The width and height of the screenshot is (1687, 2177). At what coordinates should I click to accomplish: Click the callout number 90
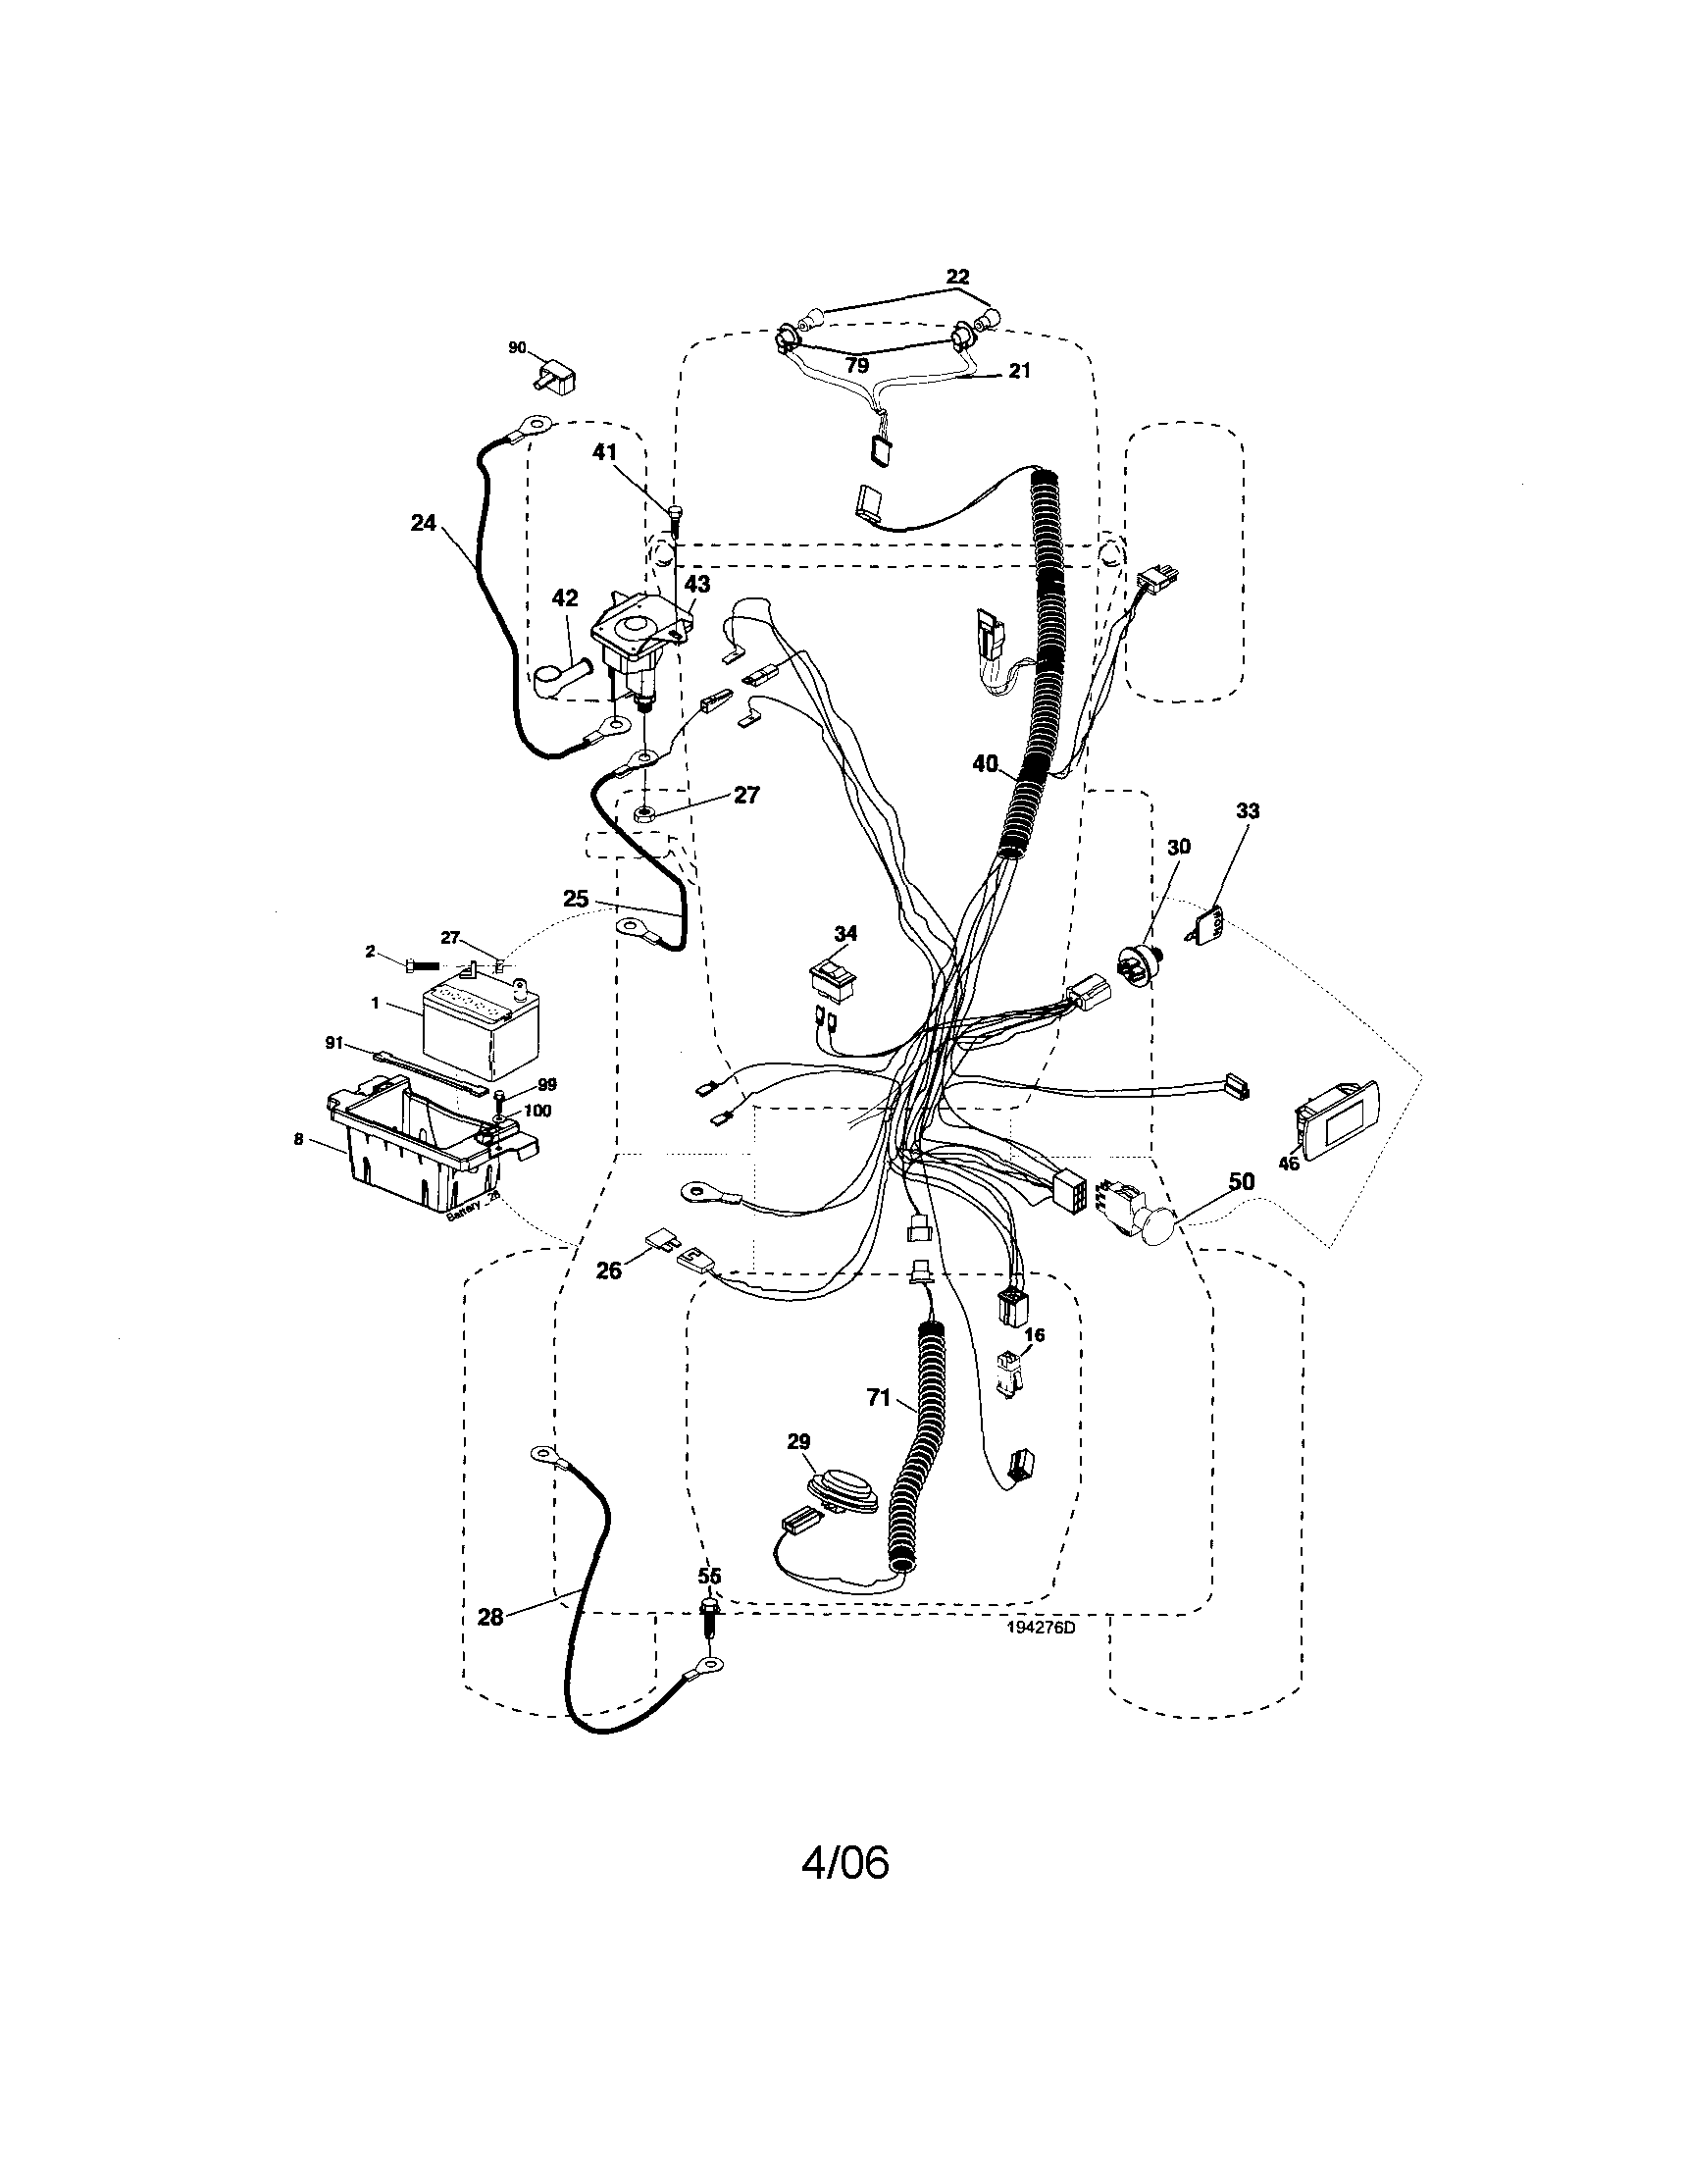(x=517, y=348)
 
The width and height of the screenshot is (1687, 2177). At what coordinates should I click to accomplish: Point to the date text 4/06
(x=845, y=1862)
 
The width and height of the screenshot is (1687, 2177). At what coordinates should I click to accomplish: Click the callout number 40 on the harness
(x=986, y=763)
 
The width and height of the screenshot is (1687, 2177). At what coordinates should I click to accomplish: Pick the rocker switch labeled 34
(x=834, y=978)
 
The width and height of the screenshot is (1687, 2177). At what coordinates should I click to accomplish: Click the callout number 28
(x=490, y=1617)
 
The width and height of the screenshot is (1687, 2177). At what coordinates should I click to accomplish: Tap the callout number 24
(x=424, y=522)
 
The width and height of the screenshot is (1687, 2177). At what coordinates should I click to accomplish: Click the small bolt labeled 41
(x=674, y=520)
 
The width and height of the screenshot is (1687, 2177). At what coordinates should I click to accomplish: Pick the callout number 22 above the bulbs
(x=956, y=276)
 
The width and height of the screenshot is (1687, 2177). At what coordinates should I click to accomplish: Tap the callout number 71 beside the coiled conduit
(x=878, y=1397)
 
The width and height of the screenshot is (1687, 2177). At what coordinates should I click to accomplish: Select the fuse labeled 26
(x=659, y=1239)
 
